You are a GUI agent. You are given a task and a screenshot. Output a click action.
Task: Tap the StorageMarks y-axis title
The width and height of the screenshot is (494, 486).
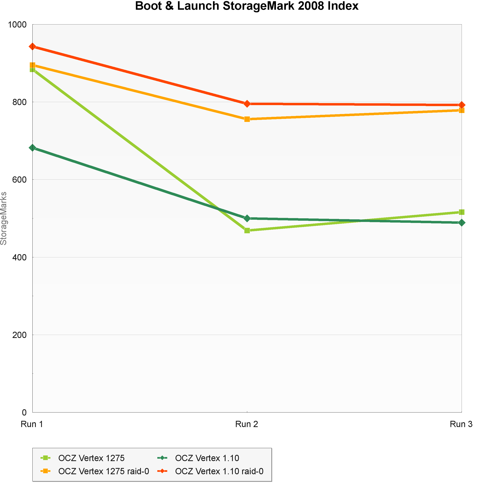point(4,218)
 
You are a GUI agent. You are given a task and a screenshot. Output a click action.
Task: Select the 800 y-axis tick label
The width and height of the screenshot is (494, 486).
point(19,102)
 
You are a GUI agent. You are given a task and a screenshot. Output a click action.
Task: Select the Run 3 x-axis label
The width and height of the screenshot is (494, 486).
point(461,424)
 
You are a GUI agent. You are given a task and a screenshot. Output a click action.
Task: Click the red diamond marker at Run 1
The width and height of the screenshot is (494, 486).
point(32,46)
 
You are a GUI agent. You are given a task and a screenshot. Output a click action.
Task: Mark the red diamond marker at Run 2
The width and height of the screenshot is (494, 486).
point(247,104)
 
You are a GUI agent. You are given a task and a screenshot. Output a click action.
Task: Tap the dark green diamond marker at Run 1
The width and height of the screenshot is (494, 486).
point(32,148)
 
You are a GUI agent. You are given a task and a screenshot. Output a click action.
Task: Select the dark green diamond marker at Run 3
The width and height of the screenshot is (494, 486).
point(461,223)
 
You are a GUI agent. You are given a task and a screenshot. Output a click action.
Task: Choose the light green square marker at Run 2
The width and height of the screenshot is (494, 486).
point(247,230)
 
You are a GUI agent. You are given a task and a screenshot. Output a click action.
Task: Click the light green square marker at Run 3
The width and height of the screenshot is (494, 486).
point(461,212)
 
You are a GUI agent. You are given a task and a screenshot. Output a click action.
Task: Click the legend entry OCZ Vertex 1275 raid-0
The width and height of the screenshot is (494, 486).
point(103,471)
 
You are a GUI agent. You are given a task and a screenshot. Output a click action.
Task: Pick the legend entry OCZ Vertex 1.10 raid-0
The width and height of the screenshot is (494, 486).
point(219,471)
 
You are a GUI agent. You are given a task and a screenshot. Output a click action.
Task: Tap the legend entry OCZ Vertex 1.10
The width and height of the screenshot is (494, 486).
point(207,458)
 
